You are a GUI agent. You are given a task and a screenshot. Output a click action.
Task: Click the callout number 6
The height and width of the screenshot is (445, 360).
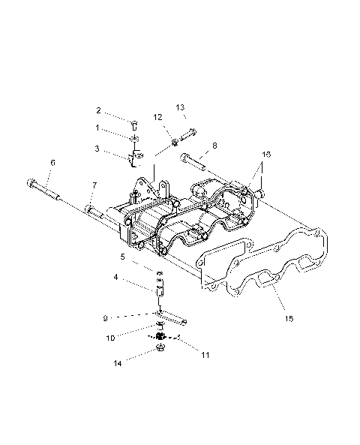[52, 162]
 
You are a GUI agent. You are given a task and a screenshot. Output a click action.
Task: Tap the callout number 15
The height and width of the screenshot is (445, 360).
[289, 318]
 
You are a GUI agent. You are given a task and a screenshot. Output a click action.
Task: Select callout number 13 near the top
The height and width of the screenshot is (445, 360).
[180, 107]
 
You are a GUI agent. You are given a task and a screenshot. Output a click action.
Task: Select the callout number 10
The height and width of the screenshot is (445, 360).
[110, 338]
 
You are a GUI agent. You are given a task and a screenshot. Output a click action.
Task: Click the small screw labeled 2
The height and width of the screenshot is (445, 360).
[135, 123]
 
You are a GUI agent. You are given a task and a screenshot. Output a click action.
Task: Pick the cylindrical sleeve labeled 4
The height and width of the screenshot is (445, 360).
[160, 287]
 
